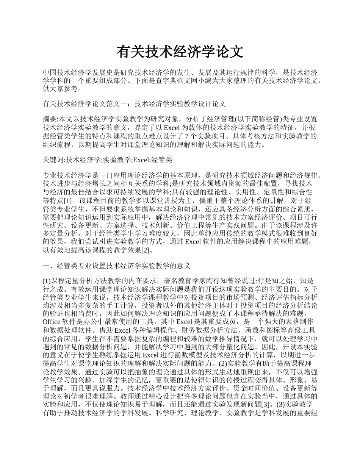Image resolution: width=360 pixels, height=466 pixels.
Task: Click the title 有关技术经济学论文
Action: (180, 52)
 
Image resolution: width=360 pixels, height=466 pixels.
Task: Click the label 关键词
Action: (53, 160)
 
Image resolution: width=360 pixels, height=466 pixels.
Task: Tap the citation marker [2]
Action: (146, 250)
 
